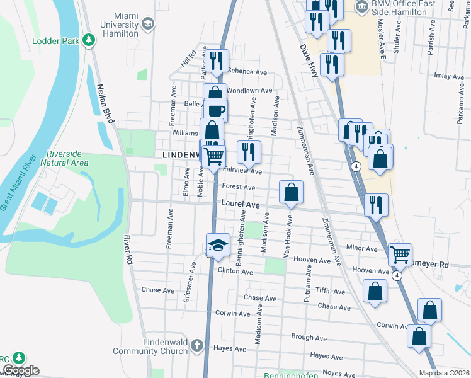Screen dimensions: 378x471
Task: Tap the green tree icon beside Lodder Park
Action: pyautogui.click(x=89, y=41)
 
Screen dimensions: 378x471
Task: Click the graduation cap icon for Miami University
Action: pyautogui.click(x=148, y=25)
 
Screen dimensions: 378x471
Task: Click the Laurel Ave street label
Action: pyautogui.click(x=241, y=205)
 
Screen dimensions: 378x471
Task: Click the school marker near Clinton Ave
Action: pyautogui.click(x=218, y=245)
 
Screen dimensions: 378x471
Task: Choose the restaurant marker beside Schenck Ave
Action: pyautogui.click(x=217, y=61)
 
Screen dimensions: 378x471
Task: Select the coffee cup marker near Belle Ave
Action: pyautogui.click(x=216, y=110)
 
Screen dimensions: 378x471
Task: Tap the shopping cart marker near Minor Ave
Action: pyautogui.click(x=400, y=255)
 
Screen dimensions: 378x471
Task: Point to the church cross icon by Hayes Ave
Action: pyautogui.click(x=196, y=345)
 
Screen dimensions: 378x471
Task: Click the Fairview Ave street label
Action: pyautogui.click(x=242, y=171)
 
